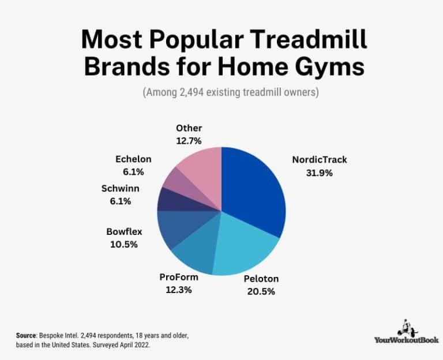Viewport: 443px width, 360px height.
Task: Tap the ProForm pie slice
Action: pos(193,251)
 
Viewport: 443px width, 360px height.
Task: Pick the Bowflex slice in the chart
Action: pos(173,228)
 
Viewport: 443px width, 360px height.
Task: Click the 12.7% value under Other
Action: pos(189,140)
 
